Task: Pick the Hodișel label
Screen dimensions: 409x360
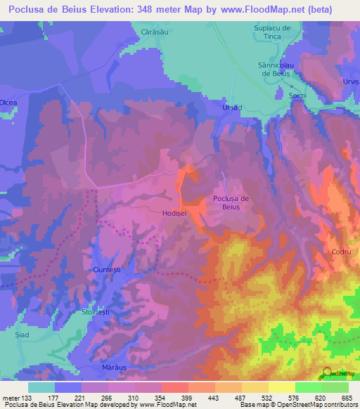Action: (174, 212)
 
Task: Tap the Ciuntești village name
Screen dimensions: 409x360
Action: (108, 270)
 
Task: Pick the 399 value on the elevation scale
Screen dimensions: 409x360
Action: (188, 397)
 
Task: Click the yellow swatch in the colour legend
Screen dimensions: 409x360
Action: (282, 387)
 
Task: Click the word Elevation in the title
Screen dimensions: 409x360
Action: (108, 9)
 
